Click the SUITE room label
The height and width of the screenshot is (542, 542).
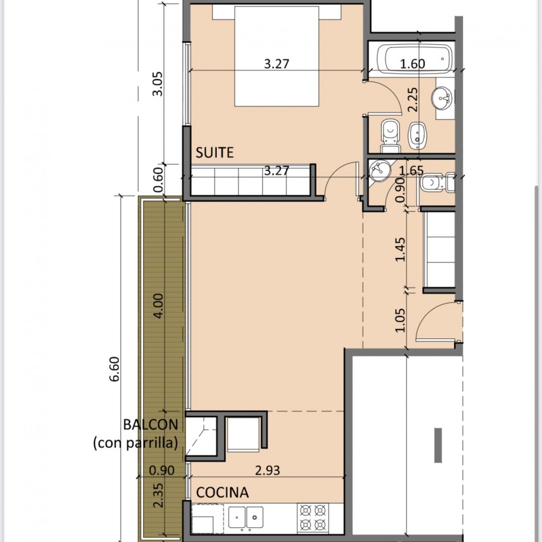(215, 152)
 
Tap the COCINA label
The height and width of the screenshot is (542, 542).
(223, 492)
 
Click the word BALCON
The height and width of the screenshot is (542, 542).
(151, 424)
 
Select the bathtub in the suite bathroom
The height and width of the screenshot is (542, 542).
(414, 59)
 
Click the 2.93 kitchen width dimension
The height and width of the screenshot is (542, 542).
(268, 470)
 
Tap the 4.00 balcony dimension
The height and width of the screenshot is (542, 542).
(158, 306)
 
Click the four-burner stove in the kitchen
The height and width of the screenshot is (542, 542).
(313, 517)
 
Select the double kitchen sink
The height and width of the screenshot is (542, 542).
(246, 517)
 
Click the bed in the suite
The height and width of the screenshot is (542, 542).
(277, 56)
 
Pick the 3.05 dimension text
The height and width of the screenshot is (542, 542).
(157, 84)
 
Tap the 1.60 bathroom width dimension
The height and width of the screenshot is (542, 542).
(412, 64)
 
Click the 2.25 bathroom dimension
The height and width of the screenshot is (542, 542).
(412, 99)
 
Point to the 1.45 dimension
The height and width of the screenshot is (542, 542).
(400, 249)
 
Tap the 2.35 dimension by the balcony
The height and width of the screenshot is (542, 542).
(158, 495)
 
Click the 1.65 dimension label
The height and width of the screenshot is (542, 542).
(411, 171)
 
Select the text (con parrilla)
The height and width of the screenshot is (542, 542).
(136, 443)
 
